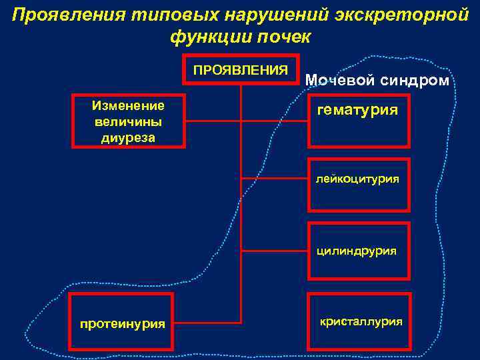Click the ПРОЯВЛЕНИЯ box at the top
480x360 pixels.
(240, 69)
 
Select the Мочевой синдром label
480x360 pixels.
(377, 80)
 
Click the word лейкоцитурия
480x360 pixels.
(358, 179)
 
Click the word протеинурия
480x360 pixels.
(122, 324)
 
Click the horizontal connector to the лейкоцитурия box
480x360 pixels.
(274, 179)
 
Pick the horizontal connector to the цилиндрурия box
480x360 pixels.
(274, 251)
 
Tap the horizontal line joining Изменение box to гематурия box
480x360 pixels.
(247, 121)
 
